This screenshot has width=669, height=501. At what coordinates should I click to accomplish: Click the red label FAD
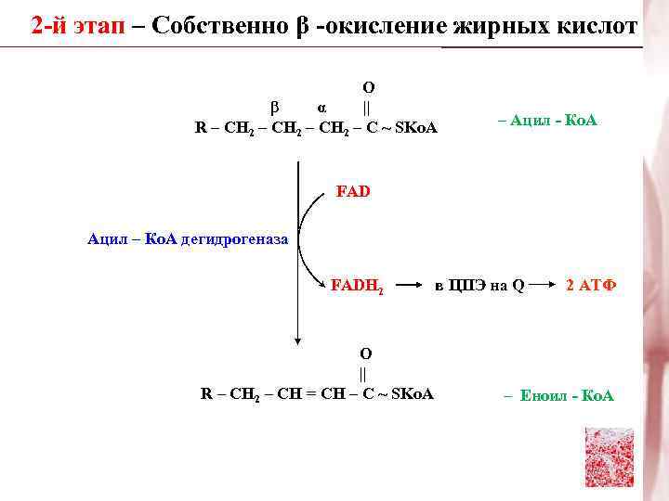pyautogui.click(x=352, y=192)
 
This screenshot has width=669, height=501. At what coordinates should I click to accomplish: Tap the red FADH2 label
pyautogui.click(x=359, y=286)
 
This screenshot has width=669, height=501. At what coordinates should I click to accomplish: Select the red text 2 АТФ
pyautogui.click(x=591, y=285)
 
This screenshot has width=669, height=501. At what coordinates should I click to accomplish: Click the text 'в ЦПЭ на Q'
pyautogui.click(x=479, y=286)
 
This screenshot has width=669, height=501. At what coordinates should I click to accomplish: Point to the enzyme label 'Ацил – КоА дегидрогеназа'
pyautogui.click(x=188, y=240)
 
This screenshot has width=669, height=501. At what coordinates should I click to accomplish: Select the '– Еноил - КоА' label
pyautogui.click(x=558, y=396)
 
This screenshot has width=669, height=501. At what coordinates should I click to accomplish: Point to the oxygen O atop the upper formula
pyautogui.click(x=368, y=87)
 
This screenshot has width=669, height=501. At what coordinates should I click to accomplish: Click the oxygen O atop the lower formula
pyautogui.click(x=365, y=353)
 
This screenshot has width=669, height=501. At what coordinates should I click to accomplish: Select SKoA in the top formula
pyautogui.click(x=415, y=126)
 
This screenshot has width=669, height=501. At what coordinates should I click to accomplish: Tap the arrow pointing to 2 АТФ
pyautogui.click(x=548, y=286)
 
